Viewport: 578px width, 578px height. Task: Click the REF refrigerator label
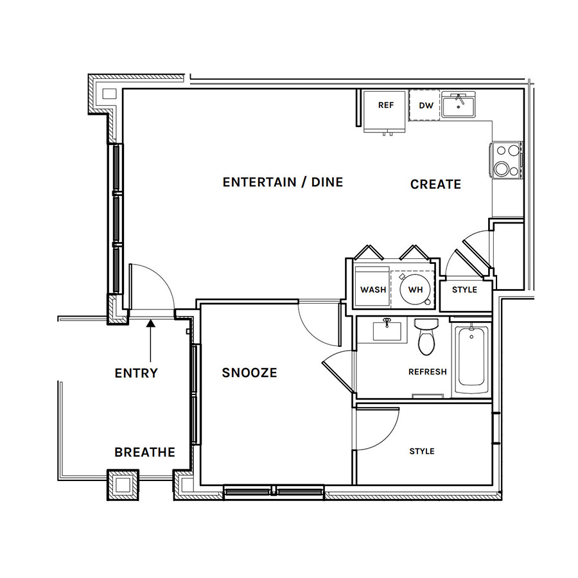point(386,105)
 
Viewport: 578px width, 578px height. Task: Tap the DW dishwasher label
point(426,106)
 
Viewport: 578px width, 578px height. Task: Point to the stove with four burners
point(507,161)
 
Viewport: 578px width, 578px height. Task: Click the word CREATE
point(435,184)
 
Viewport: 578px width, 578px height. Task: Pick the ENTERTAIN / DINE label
point(283,182)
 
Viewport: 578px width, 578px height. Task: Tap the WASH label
point(373,290)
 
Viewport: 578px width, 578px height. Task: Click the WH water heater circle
point(415,290)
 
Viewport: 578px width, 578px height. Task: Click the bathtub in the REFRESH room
point(471,360)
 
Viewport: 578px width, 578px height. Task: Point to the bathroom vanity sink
point(387,331)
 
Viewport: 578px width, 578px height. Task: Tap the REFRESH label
point(428,372)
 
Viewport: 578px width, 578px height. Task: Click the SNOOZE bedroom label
point(249,372)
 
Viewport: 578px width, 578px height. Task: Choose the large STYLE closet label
point(422,451)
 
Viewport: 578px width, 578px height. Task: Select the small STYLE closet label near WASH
point(464,290)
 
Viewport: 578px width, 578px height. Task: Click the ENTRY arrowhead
point(150,323)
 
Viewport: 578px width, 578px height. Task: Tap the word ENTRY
point(136,373)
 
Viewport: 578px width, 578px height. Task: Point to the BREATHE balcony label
point(145,452)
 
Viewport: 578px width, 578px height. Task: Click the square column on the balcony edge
point(123,485)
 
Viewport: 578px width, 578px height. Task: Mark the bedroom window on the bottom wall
point(274,492)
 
